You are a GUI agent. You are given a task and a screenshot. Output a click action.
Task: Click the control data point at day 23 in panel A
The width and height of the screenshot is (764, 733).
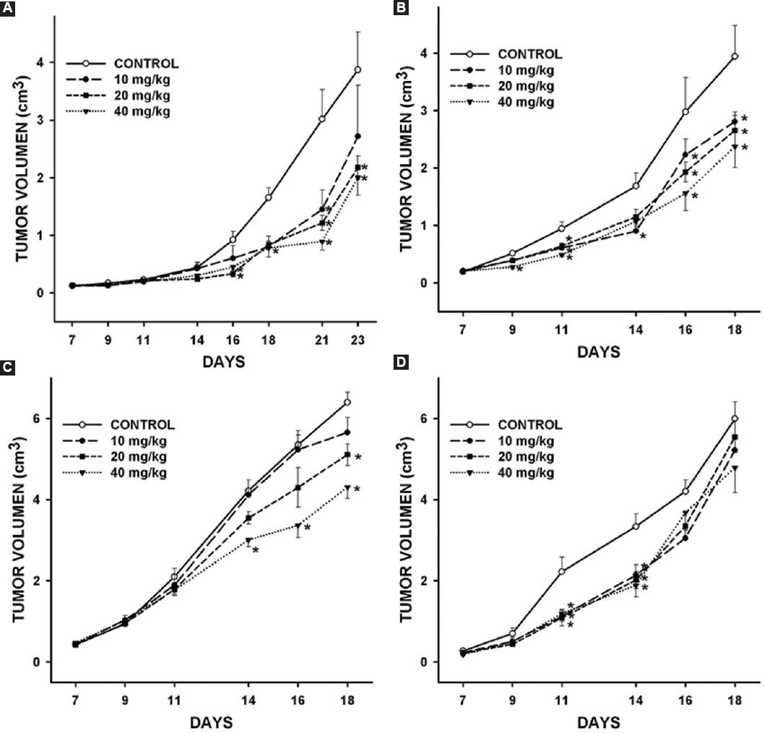(358, 70)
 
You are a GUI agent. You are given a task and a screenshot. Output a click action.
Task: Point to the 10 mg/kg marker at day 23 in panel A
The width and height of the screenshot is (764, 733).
(358, 136)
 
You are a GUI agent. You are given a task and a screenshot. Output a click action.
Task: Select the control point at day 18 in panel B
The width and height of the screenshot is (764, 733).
(735, 56)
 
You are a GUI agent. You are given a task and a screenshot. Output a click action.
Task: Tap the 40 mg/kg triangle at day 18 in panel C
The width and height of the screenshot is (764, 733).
(348, 488)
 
